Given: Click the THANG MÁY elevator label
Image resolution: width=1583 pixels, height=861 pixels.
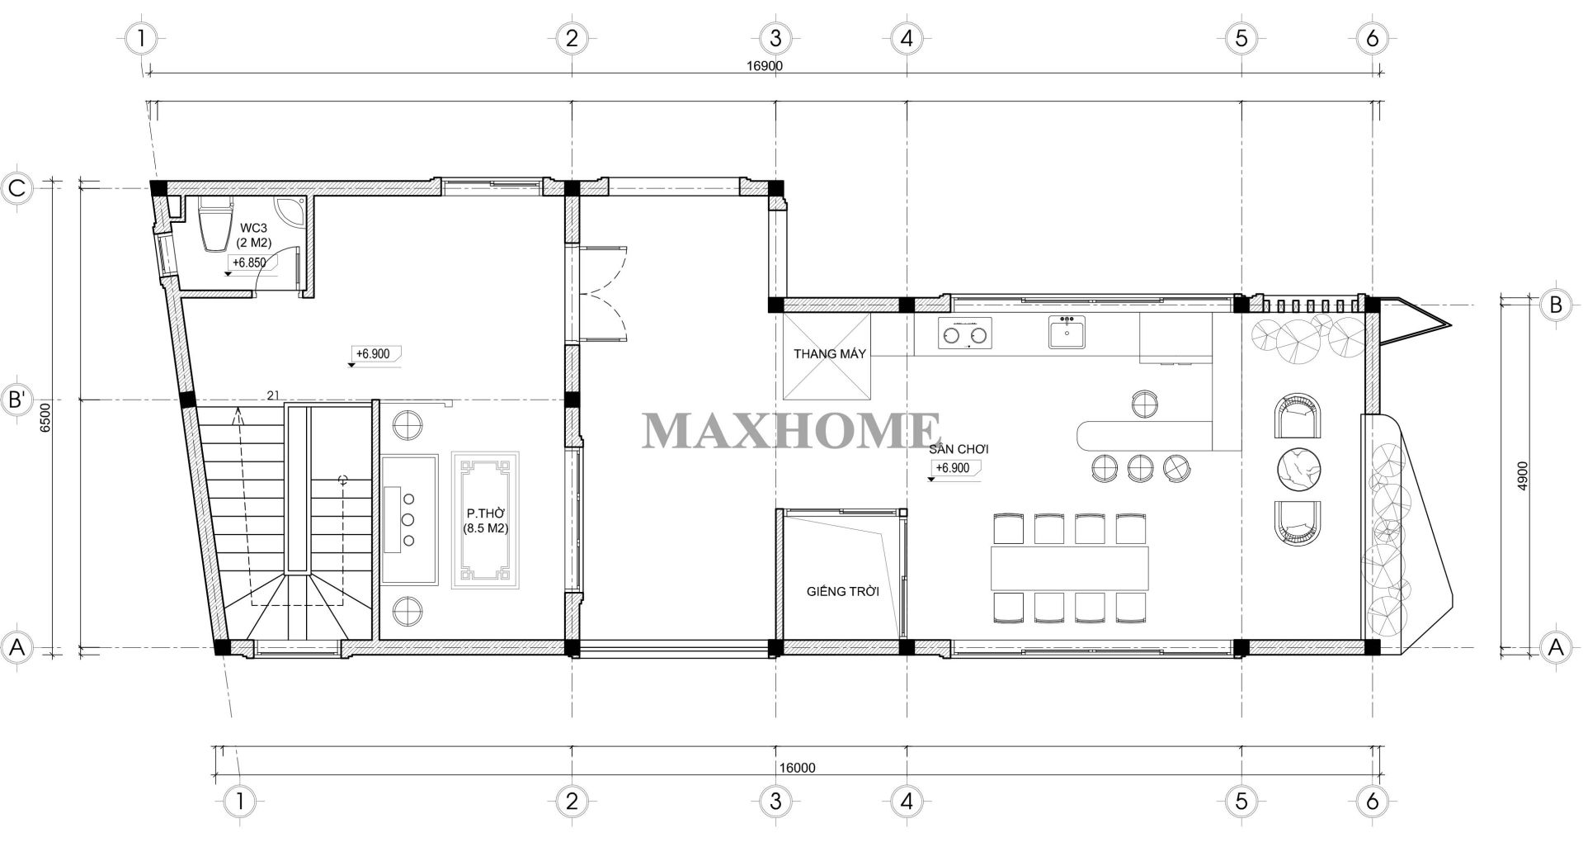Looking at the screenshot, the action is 830,354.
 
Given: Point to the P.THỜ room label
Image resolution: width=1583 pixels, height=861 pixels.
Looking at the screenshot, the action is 485,513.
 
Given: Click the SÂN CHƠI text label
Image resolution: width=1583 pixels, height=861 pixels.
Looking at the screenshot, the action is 958,450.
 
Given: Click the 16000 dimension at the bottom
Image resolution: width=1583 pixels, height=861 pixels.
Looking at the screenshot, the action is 796,767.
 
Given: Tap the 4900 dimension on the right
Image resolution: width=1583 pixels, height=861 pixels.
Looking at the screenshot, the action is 1523,476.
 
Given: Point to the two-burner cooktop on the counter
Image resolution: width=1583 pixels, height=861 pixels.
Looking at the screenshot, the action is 964,334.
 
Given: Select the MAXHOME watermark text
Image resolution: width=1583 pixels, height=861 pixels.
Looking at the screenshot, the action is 791,431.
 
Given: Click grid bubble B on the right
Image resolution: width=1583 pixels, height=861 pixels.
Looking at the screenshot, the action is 1555,305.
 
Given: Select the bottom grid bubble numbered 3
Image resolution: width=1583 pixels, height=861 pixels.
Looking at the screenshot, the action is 775,800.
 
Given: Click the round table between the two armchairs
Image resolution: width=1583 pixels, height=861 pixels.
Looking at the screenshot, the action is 1300,470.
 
